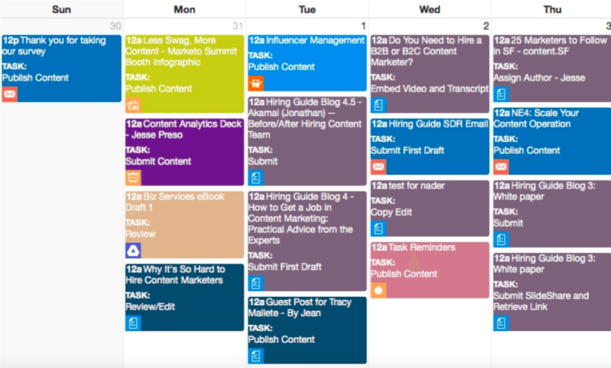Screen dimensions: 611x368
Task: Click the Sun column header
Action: [x=62, y=9]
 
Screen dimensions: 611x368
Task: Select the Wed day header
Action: [x=429, y=9]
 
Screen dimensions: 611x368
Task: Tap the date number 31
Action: [x=238, y=26]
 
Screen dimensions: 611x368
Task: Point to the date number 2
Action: [x=486, y=26]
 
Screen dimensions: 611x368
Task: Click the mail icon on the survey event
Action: [x=10, y=94]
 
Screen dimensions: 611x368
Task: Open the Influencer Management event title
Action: [x=307, y=40]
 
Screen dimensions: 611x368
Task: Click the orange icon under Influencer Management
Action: [x=255, y=83]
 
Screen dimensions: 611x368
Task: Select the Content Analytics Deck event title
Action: [x=184, y=129]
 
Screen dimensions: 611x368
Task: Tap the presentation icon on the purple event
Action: [x=133, y=177]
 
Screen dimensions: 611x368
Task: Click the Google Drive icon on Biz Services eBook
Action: [x=133, y=250]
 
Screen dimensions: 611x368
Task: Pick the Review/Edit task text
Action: [x=150, y=307]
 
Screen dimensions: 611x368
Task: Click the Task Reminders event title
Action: [x=413, y=247]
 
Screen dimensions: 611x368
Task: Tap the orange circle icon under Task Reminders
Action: [x=379, y=291]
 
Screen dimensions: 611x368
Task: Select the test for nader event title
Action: [x=408, y=186]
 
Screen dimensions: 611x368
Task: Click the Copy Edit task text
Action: [x=391, y=212]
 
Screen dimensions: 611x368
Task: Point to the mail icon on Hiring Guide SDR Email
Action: [x=379, y=167]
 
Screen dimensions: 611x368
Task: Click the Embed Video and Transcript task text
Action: [x=429, y=89]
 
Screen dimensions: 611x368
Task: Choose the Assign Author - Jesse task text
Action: [x=539, y=78]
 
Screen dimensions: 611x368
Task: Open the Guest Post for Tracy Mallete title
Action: [x=300, y=308]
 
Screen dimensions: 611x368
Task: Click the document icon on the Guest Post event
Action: [x=255, y=356]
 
